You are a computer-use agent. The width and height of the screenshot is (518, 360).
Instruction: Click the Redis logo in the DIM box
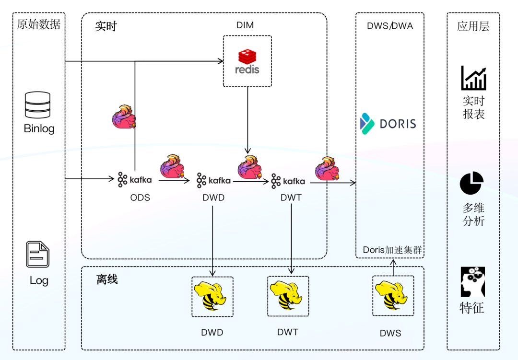(247, 61)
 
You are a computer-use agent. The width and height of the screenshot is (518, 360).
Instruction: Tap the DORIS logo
(388, 124)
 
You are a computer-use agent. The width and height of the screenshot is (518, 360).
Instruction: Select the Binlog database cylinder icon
(37, 105)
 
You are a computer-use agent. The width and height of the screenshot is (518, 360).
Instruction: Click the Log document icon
(38, 255)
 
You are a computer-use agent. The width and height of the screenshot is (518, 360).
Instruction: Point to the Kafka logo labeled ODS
(135, 180)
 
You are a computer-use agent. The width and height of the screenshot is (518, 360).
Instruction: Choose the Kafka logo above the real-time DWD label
(213, 181)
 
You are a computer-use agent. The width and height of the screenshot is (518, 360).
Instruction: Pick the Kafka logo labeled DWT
(288, 181)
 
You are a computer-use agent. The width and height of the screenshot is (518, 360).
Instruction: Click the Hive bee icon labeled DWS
(393, 296)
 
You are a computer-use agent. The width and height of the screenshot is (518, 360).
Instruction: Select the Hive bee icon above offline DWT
(288, 296)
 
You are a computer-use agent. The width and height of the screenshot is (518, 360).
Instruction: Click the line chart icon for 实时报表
(473, 78)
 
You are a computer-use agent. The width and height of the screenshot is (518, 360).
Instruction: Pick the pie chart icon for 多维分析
(471, 183)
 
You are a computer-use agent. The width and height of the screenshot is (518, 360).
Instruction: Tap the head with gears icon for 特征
(473, 282)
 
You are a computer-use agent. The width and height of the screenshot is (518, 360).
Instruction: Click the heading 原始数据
(39, 24)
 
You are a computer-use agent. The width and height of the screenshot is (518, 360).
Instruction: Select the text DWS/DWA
(390, 26)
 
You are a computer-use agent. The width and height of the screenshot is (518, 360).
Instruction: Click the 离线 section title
(107, 279)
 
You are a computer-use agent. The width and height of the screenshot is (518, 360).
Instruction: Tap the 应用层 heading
(473, 26)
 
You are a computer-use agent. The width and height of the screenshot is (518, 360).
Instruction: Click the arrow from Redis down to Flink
(247, 120)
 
